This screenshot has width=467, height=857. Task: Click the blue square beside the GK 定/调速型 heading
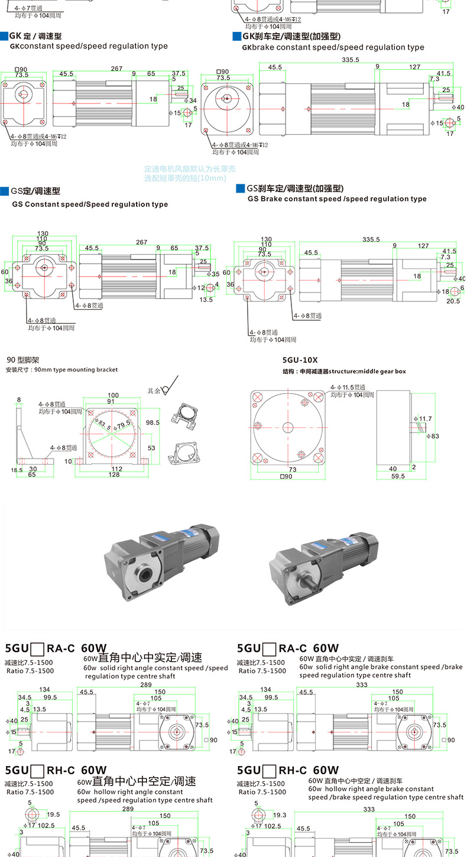coord(5,36)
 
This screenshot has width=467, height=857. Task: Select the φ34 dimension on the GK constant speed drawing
coord(192,100)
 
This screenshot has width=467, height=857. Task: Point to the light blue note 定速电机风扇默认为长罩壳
coord(190,169)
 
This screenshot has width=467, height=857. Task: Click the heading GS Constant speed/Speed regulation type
coord(90,204)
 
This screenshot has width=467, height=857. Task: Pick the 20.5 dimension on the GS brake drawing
coord(453,301)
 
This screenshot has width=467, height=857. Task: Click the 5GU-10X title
coord(301,359)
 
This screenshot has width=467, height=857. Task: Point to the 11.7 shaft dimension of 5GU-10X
coord(425,418)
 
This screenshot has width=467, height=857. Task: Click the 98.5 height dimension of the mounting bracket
coord(153,423)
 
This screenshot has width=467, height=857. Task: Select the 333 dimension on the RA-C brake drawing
coord(361,685)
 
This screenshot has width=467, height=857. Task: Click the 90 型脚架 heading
coord(23,359)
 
